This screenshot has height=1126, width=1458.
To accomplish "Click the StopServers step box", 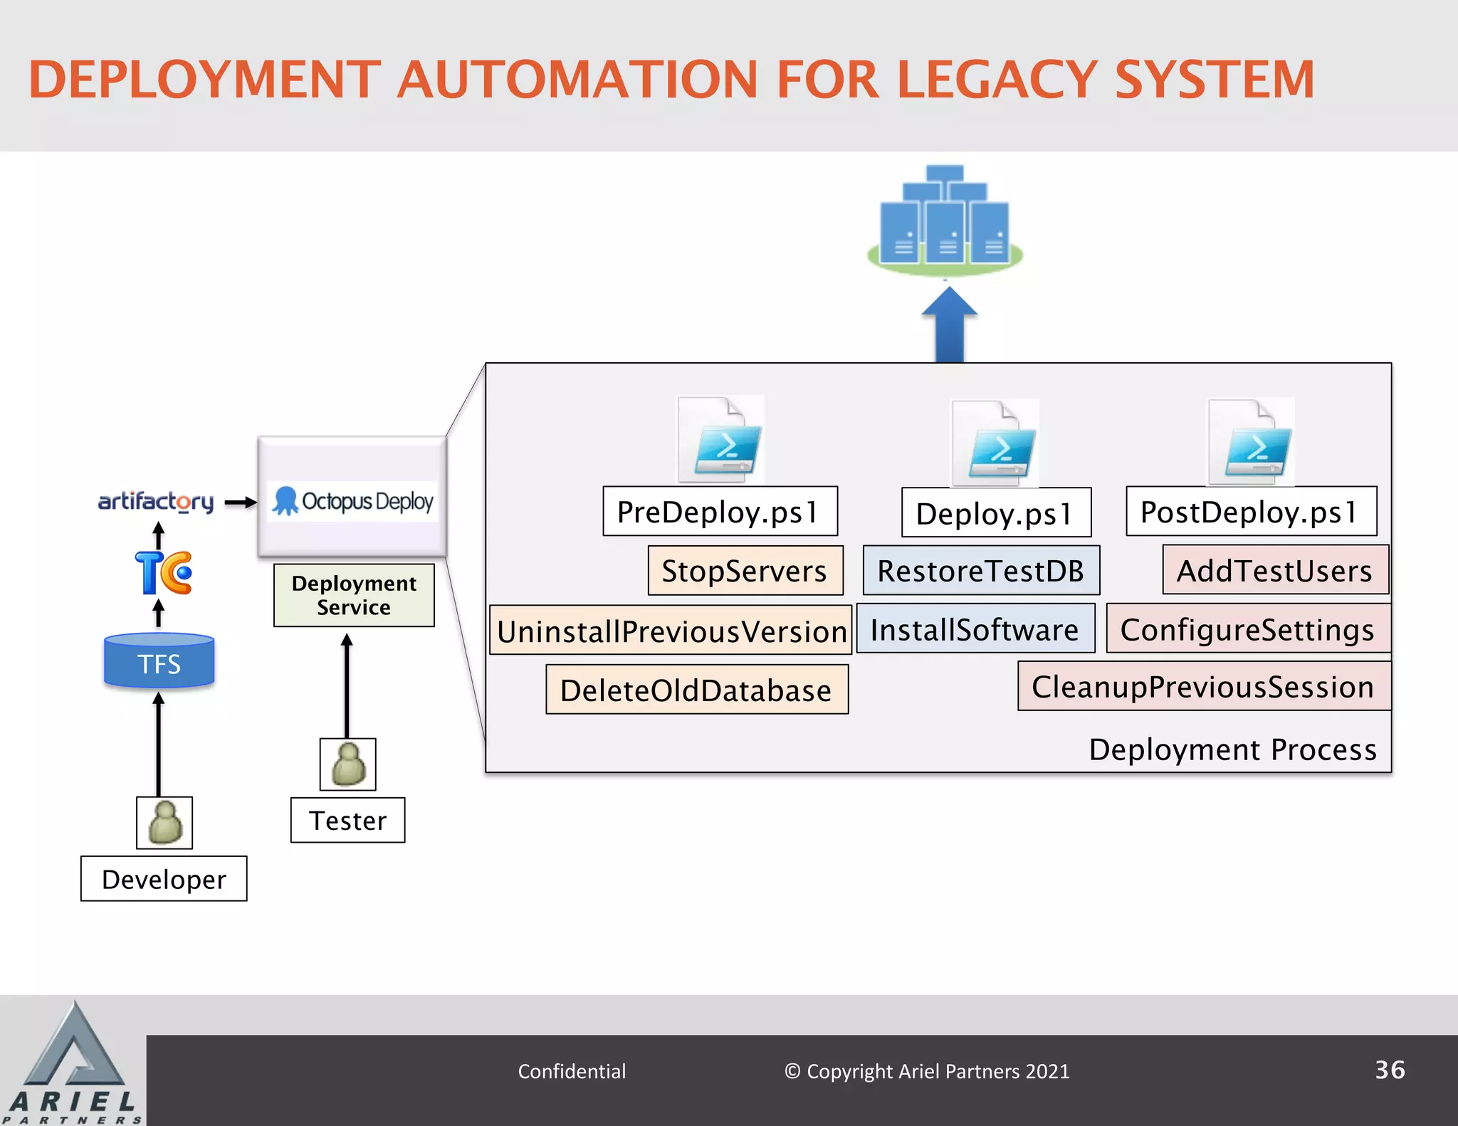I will click(x=745, y=571).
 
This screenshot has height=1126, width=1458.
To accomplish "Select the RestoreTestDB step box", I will click(x=980, y=571).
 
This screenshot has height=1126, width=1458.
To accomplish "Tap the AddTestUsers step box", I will click(x=1274, y=570).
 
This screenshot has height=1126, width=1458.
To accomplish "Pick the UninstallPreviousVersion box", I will click(x=671, y=631).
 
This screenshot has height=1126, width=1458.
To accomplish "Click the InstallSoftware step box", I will click(x=975, y=629).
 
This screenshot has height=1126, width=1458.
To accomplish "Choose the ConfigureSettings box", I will click(x=1247, y=629).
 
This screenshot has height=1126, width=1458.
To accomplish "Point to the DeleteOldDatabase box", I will click(x=696, y=690).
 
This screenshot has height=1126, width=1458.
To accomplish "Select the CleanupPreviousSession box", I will click(x=1203, y=686).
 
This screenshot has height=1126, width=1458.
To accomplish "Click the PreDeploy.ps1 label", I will click(x=719, y=512).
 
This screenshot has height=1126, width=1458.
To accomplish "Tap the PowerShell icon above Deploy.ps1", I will click(x=997, y=444).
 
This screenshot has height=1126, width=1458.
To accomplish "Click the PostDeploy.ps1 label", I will click(x=1250, y=512).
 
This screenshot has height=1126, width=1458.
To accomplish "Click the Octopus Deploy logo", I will click(x=353, y=501).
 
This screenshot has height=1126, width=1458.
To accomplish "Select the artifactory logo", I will click(x=155, y=501).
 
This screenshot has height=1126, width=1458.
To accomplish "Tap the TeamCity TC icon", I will click(x=163, y=572).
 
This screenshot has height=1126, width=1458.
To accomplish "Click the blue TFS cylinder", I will click(x=159, y=661).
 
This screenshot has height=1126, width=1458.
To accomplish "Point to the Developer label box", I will click(x=164, y=879).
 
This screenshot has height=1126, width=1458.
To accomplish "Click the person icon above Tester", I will click(x=347, y=764).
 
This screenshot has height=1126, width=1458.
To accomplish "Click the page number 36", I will click(x=1389, y=1070).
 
